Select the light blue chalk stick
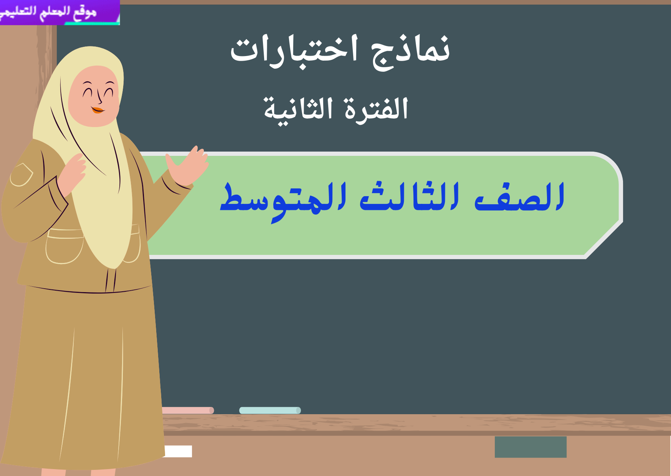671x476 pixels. (270, 410)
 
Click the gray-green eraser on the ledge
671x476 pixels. (530, 447)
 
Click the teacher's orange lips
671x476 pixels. (98, 110)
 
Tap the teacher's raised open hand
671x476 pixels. (188, 165)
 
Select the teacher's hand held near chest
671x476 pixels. (73, 173)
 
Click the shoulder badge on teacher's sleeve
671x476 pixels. (21, 175)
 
